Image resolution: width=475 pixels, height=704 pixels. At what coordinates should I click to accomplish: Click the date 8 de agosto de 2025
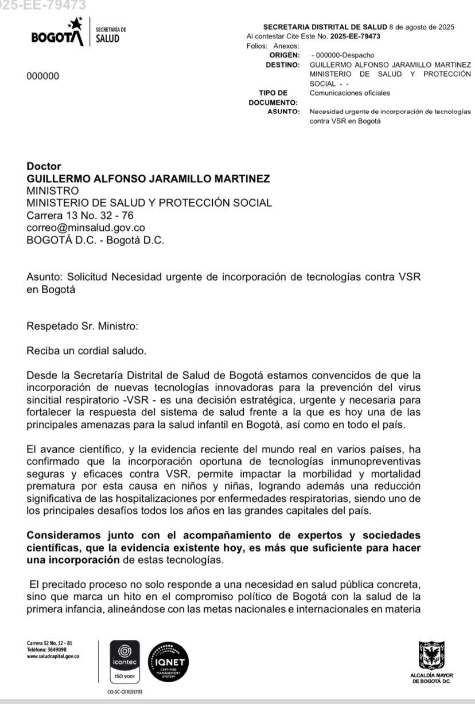(422, 27)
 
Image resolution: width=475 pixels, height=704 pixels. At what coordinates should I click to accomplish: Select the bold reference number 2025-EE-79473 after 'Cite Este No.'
(355, 36)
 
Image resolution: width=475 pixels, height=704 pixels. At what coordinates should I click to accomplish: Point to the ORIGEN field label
(285, 55)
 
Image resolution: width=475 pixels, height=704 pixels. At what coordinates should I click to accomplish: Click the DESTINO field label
(283, 65)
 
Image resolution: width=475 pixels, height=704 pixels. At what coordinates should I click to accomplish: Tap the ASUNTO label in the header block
(283, 112)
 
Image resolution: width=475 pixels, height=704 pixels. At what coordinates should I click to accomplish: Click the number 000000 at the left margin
(42, 76)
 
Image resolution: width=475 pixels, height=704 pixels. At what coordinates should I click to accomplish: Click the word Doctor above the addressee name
(44, 167)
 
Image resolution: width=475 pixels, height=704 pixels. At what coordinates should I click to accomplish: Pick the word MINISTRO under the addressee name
(53, 191)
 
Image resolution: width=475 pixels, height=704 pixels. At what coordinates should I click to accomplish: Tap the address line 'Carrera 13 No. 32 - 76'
(80, 215)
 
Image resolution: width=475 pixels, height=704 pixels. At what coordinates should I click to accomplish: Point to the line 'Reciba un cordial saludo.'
(79, 351)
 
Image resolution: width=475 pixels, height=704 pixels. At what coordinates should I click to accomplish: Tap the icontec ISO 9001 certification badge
(124, 662)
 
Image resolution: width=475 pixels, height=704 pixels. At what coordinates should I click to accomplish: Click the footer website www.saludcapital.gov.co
(53, 656)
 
